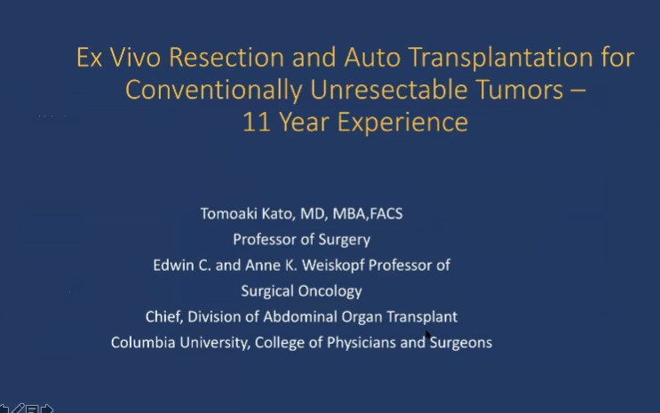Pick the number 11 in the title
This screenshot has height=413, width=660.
click(256, 122)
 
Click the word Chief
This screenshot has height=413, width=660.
click(165, 316)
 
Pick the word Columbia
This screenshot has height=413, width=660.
click(141, 342)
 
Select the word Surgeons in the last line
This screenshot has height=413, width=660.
click(461, 342)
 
